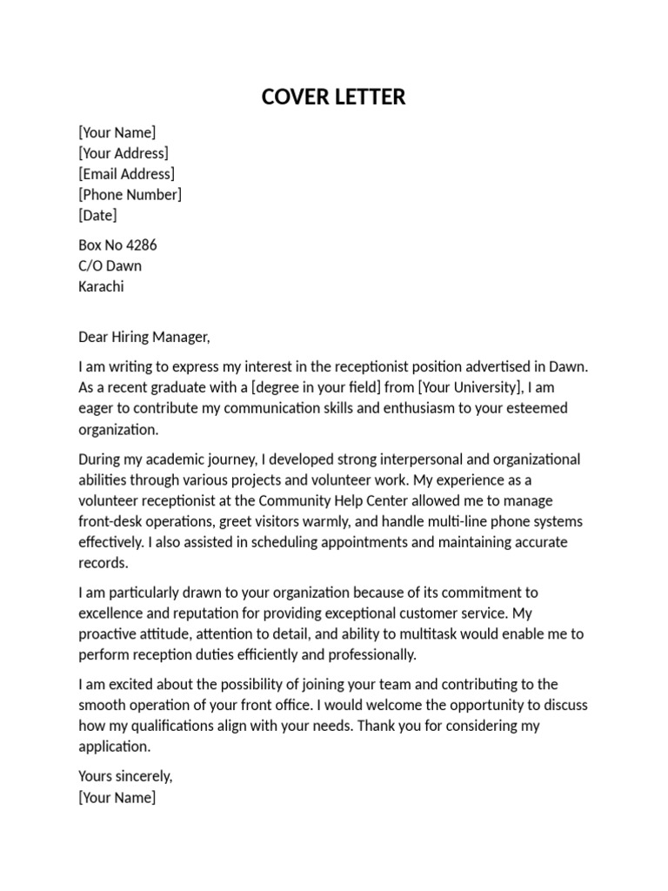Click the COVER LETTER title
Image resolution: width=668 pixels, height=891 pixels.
pyautogui.click(x=333, y=97)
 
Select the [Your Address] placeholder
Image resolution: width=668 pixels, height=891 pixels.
pyautogui.click(x=124, y=153)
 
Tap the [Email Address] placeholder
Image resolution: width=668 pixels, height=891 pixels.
pyautogui.click(x=126, y=174)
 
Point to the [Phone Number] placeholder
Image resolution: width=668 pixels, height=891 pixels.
pyautogui.click(x=130, y=194)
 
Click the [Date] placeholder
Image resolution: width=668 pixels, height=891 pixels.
pyautogui.click(x=97, y=215)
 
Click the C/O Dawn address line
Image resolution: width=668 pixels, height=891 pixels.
pyautogui.click(x=110, y=266)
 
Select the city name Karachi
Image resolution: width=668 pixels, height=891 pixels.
pyautogui.click(x=101, y=286)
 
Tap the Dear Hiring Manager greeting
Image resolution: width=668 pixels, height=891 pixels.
pyautogui.click(x=144, y=337)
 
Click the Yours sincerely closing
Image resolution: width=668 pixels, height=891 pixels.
pyautogui.click(x=126, y=776)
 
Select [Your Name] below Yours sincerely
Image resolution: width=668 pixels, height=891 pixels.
pyautogui.click(x=117, y=797)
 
